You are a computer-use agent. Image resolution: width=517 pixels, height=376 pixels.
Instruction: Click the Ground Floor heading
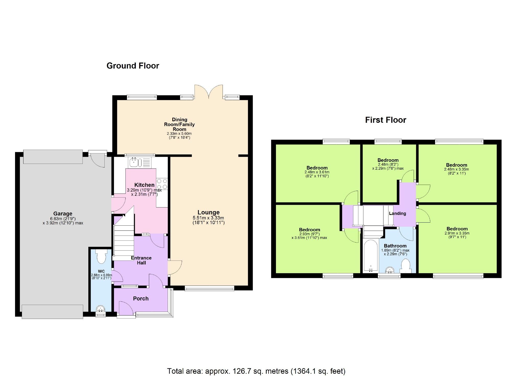point(133,66)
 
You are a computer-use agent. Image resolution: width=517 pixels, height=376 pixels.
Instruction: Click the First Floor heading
point(385,120)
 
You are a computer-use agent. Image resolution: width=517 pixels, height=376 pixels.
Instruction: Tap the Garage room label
point(63,214)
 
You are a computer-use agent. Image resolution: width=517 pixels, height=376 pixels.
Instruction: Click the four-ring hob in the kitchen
point(162,184)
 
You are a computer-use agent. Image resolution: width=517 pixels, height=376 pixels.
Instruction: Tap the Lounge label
point(208,212)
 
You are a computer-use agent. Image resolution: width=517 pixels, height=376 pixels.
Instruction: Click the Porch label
point(141,298)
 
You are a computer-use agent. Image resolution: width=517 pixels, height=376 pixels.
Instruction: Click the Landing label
point(397,213)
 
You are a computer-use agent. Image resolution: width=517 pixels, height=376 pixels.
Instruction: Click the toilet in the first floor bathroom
point(405,265)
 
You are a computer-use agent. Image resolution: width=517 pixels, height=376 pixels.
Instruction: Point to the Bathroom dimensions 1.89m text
point(395,250)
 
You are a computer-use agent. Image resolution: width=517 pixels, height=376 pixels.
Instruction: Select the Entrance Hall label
point(141,260)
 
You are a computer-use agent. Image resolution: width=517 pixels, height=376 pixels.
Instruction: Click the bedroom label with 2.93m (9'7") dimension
point(309,230)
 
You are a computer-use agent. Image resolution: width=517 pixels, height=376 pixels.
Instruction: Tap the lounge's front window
point(209,289)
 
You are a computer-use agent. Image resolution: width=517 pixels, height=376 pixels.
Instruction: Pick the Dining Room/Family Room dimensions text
point(179,136)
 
